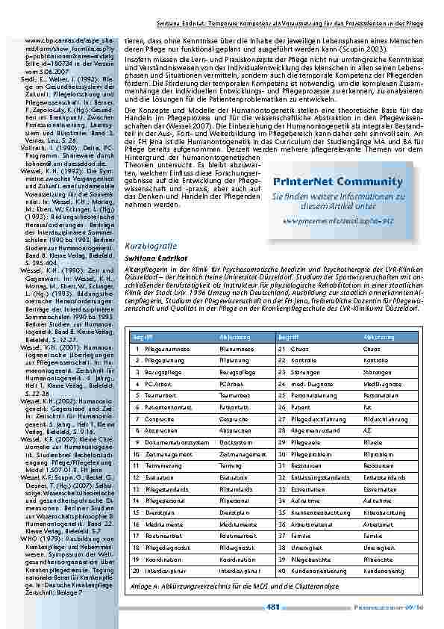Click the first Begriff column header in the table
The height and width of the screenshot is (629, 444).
point(143,337)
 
